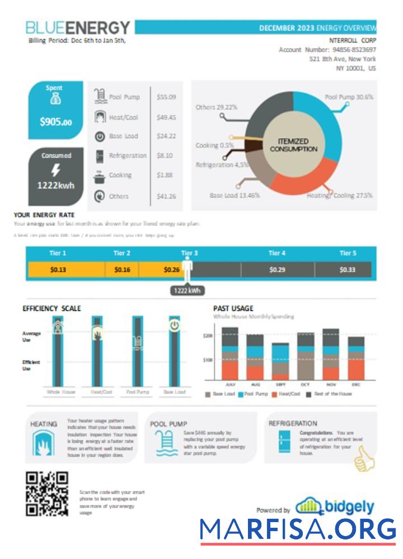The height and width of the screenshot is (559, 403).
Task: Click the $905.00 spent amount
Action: [55, 122]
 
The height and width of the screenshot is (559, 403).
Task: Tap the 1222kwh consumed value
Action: [55, 186]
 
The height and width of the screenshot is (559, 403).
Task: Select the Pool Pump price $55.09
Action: [166, 97]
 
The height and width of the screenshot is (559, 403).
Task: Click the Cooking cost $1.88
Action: [165, 175]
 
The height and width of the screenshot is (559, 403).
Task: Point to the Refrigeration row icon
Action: [100, 156]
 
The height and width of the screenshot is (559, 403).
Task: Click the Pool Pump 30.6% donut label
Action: [349, 97]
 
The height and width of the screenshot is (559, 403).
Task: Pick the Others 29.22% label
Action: [216, 107]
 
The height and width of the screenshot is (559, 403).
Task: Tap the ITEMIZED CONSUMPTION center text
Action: [293, 145]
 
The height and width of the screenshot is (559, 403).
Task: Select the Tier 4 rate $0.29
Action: [277, 269]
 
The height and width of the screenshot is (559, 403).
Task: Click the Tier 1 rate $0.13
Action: [58, 269]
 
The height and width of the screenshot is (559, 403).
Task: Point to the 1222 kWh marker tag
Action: [187, 291]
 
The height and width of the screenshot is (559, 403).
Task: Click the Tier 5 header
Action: [348, 253]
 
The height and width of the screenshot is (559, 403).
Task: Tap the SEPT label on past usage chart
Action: [280, 385]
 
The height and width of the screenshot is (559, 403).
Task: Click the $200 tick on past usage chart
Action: [208, 336]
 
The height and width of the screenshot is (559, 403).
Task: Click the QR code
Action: [48, 494]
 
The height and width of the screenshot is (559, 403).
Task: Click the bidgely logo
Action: [335, 506]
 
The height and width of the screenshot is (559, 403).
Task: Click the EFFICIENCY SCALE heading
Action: [51, 308]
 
